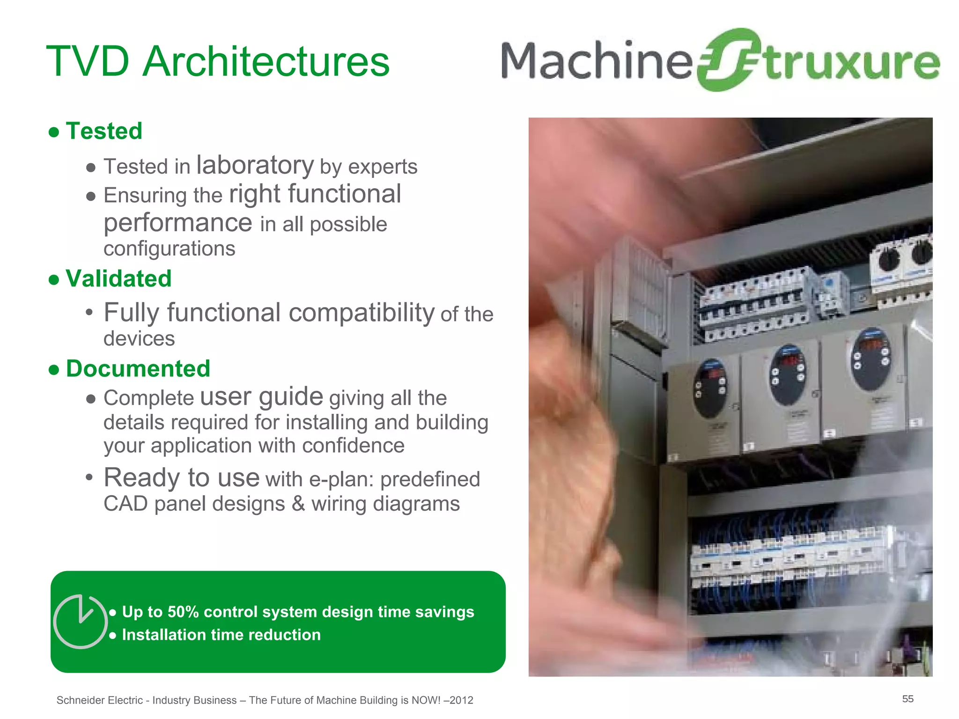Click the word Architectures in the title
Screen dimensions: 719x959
tap(266, 62)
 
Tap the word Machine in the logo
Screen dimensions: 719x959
tap(596, 61)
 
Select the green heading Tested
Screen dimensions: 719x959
tap(104, 131)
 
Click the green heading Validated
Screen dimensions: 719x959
tap(118, 279)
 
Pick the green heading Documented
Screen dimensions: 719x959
tap(138, 369)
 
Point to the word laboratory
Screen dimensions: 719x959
tap(255, 165)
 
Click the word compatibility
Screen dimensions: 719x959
tap(361, 313)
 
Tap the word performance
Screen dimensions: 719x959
tap(178, 223)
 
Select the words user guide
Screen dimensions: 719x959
tap(261, 397)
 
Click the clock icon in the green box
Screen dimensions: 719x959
tap(81, 622)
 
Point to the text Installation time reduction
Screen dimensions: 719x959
tap(221, 635)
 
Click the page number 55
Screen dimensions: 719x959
tap(907, 699)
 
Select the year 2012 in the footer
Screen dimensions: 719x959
tap(462, 700)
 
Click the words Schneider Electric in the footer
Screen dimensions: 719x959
tap(99, 700)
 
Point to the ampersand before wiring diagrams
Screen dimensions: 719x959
tap(298, 504)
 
